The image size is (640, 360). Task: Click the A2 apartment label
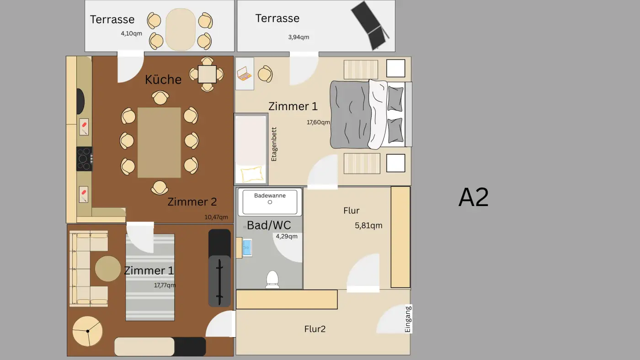coord(474,198)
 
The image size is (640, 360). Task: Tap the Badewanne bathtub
coord(270,202)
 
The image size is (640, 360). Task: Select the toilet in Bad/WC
coord(272,279)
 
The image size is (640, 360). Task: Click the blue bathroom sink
coord(247,247)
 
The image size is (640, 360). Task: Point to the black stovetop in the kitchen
coord(84,159)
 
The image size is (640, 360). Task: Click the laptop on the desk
coord(244,74)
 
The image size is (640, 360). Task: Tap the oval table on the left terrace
coord(180,30)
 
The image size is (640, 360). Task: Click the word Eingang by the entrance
coord(408,319)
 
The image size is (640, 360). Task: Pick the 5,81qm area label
coord(368,225)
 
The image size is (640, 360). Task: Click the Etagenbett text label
coord(274,144)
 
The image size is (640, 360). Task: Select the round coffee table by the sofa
coord(108,269)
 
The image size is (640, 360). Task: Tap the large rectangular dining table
coord(159,143)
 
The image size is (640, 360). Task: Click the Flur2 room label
coord(315,329)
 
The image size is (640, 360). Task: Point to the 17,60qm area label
coord(318,122)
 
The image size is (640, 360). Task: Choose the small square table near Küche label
coord(207,74)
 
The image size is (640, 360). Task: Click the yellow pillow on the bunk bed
coord(251,174)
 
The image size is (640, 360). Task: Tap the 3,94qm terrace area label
coord(299,37)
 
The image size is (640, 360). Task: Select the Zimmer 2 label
coord(192,201)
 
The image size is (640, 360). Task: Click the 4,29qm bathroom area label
coord(287,236)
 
